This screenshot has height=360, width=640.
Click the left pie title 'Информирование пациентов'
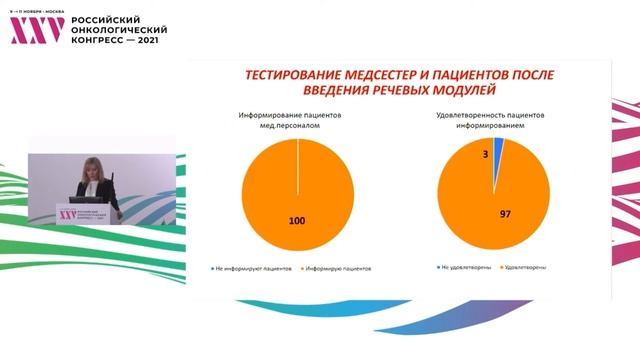click(x=297, y=116)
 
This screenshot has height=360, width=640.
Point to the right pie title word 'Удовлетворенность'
click(x=466, y=116)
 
